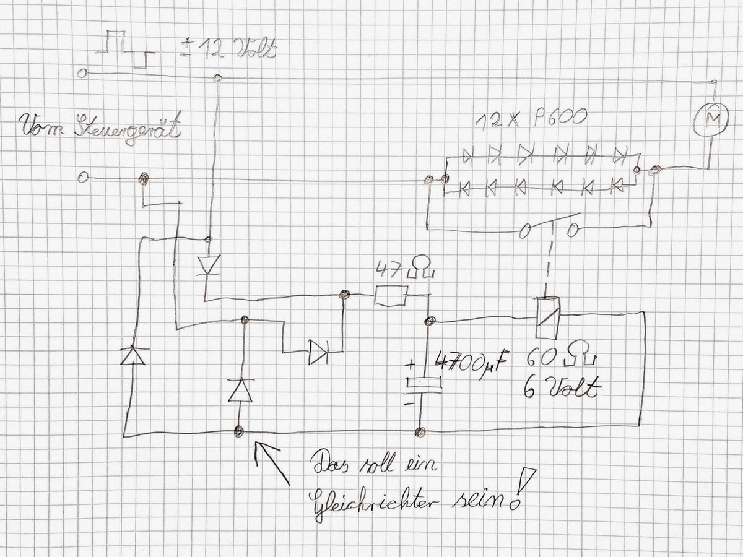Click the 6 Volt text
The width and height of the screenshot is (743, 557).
561,389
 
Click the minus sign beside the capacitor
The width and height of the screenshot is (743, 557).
409,404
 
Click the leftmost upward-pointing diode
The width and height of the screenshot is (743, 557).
133,355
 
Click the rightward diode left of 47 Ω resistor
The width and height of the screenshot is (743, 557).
318,352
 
